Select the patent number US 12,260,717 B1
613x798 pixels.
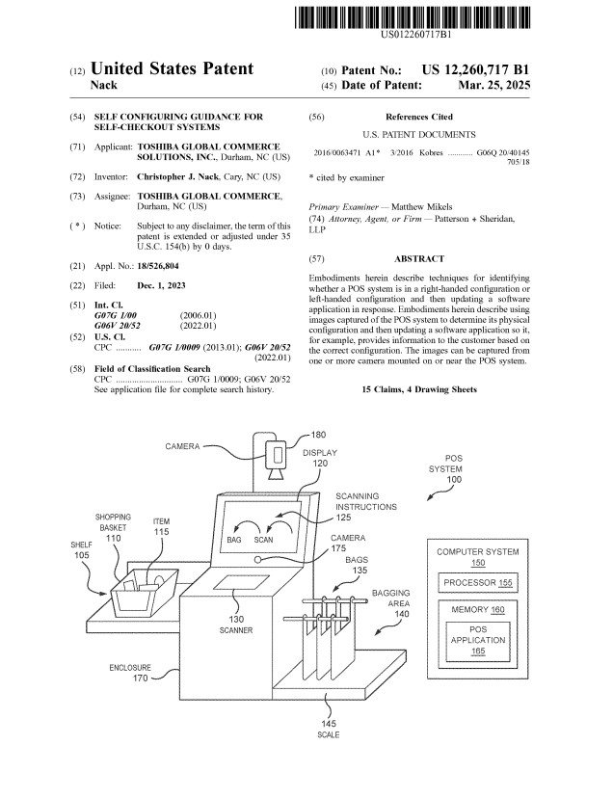tap(476, 69)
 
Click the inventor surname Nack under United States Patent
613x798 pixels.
tap(103, 86)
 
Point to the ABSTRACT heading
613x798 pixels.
tap(419, 259)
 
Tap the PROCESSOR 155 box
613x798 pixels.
tap(477, 583)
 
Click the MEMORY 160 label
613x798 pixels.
tap(477, 609)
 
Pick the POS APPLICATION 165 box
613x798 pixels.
tap(478, 641)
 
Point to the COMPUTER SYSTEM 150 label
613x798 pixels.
tap(478, 557)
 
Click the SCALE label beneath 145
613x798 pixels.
tap(328, 736)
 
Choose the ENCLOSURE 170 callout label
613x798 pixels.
tap(129, 672)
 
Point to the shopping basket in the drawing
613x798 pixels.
tap(145, 590)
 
